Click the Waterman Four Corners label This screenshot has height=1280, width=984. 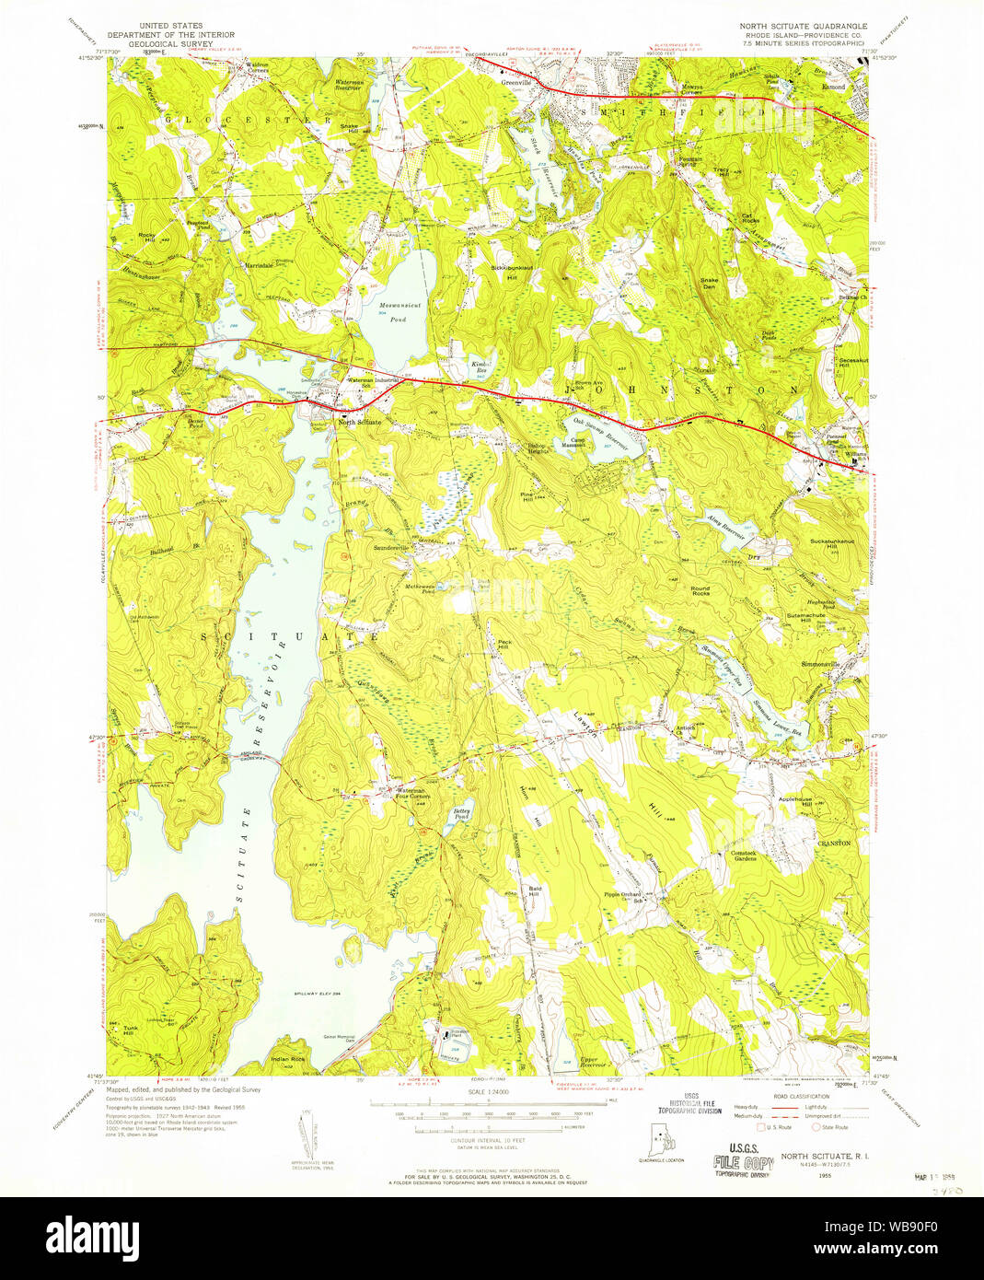tap(411, 793)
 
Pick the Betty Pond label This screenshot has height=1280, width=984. tap(461, 814)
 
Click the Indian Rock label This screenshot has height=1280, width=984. tap(288, 1059)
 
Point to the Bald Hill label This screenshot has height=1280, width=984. tap(534, 890)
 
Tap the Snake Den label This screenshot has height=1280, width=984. tap(708, 283)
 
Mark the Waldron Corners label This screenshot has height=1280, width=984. tap(245, 68)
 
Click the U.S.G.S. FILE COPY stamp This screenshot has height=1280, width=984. tap(741, 1158)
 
